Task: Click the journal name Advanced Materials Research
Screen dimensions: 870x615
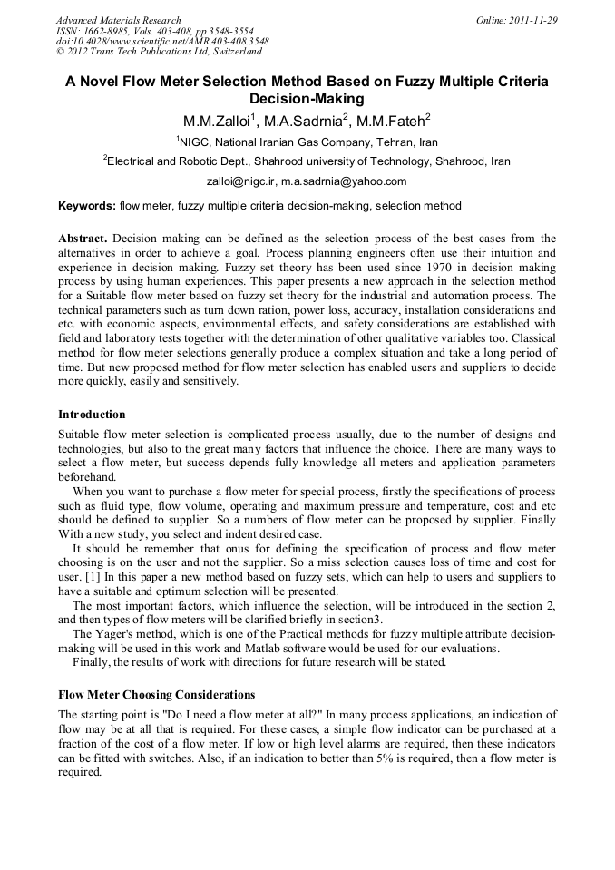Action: [118, 20]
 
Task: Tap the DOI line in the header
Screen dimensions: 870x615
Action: [162, 42]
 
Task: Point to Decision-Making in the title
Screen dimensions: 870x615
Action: [307, 99]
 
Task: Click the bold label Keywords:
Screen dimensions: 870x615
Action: [87, 206]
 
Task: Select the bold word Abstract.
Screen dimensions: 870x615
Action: [83, 238]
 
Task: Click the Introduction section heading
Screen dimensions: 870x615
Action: [92, 415]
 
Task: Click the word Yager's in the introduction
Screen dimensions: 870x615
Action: [116, 634]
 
